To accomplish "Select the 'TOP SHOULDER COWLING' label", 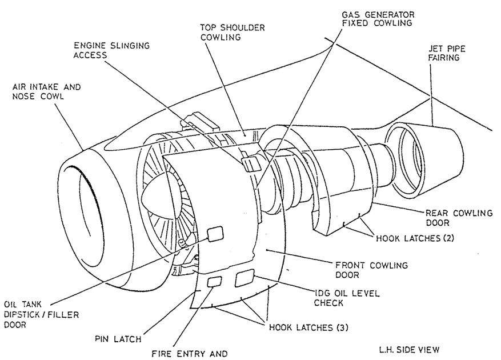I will coord(225,32).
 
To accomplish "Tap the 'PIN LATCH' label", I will coord(119,339).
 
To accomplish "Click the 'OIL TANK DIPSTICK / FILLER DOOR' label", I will coord(41,314).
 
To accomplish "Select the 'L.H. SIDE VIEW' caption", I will coord(409,349).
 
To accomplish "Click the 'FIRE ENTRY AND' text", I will coord(189,353).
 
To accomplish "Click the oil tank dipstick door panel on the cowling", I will coord(214,233).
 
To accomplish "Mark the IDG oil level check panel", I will coord(244,278).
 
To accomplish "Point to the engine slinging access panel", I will coord(251,164).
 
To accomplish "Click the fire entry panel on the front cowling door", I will coord(214,281).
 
